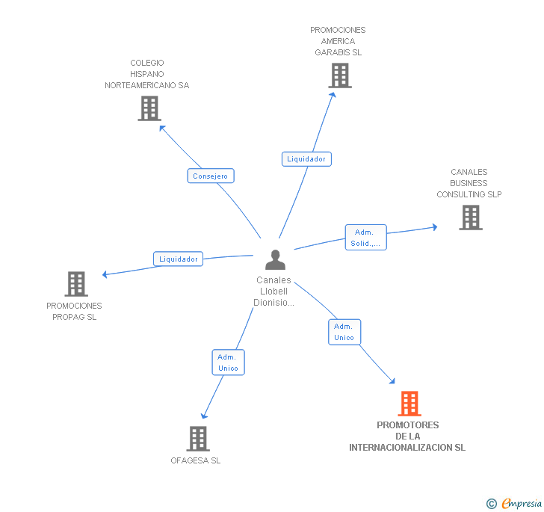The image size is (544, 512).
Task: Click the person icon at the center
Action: pos(275,259)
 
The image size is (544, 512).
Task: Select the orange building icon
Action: pos(409,404)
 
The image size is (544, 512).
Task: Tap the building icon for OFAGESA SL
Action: pos(198,439)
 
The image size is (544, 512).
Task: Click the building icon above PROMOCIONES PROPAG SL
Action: pos(76,283)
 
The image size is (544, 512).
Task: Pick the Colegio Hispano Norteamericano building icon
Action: pos(149,108)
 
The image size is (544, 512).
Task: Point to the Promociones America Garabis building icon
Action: pos(340,75)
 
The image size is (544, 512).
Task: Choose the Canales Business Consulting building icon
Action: pos(471,218)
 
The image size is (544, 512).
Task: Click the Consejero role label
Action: pos(211,176)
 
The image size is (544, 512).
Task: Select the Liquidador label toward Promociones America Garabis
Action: pos(306,159)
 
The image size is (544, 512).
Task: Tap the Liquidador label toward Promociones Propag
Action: pos(178,259)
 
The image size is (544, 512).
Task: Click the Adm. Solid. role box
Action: pos(365,238)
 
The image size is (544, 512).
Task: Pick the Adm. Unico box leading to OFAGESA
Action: pos(229,363)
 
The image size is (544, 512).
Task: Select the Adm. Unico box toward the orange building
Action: pos(344,332)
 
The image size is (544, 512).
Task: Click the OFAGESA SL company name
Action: pos(195,460)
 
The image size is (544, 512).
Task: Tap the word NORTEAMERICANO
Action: pos(140,85)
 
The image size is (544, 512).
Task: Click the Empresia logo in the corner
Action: pos(514,503)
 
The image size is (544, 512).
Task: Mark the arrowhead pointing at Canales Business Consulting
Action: pos(435,227)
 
